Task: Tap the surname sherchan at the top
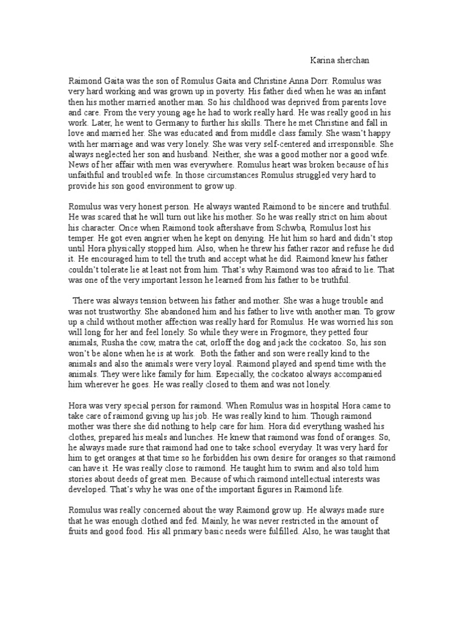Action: pyautogui.click(x=355, y=60)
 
